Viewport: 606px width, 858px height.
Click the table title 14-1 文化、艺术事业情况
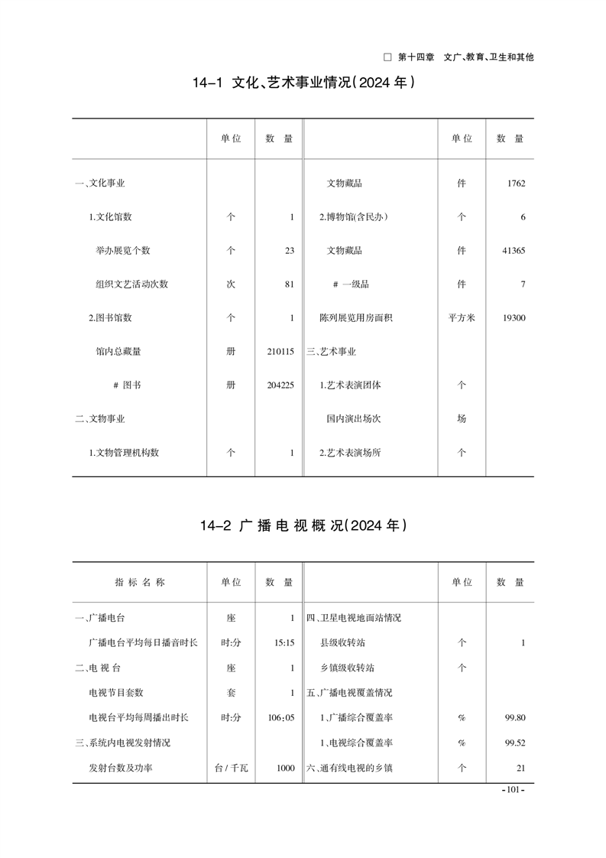[303, 82]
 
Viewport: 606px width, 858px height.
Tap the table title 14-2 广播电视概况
[303, 525]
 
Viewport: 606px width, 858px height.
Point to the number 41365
[513, 251]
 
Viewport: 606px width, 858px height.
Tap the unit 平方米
[462, 318]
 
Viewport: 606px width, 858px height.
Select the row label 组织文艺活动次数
[131, 284]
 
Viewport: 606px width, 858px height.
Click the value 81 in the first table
[288, 284]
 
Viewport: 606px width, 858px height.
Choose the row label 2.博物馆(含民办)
[353, 217]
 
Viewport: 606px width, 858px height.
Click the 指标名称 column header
[140, 582]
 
